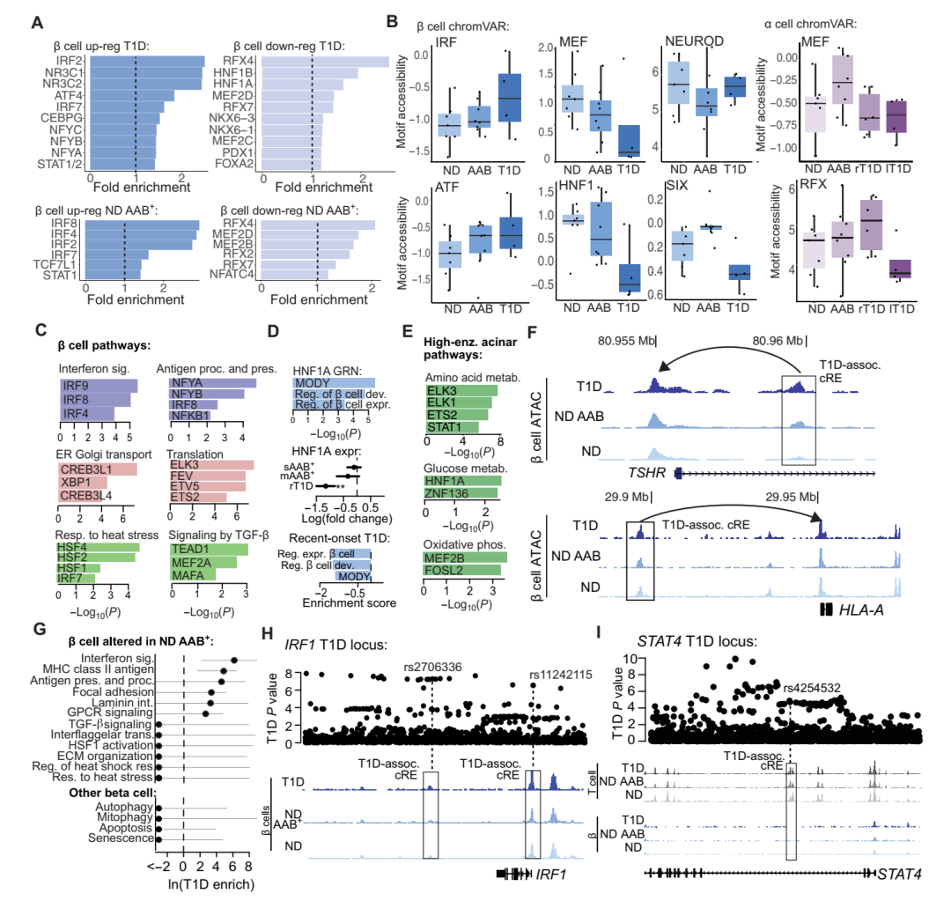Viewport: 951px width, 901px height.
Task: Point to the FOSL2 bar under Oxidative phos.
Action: click(x=462, y=570)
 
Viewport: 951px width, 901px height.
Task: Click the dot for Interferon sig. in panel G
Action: click(x=234, y=660)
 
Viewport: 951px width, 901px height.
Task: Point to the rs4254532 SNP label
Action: click(x=811, y=685)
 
